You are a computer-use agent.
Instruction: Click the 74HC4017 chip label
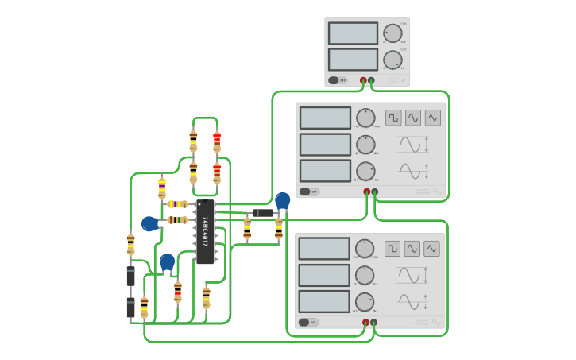(x=205, y=230)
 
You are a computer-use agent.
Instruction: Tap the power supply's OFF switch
(x=339, y=80)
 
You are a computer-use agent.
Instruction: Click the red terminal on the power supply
(x=364, y=80)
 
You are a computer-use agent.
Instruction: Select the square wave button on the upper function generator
(x=393, y=118)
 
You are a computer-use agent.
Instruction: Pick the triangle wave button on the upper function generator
(x=432, y=118)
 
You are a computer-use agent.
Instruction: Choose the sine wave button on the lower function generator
(x=412, y=249)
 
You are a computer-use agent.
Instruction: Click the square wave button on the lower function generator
(x=392, y=249)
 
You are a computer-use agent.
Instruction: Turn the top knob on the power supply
(x=392, y=33)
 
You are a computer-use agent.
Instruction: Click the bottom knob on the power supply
(x=392, y=60)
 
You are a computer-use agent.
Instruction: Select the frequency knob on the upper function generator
(x=365, y=118)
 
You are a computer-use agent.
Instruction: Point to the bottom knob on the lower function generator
(x=365, y=302)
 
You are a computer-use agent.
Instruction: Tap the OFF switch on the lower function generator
(x=305, y=322)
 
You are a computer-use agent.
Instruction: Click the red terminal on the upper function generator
(x=367, y=192)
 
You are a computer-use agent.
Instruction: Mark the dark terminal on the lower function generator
(x=373, y=322)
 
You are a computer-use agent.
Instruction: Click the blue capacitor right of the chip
(x=282, y=201)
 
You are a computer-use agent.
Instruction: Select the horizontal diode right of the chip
(x=262, y=213)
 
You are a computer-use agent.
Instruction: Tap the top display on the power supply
(x=353, y=33)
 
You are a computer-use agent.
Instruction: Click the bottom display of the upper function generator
(x=325, y=171)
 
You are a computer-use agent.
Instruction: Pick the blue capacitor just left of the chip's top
(x=150, y=224)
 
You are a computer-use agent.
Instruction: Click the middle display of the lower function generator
(x=324, y=275)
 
